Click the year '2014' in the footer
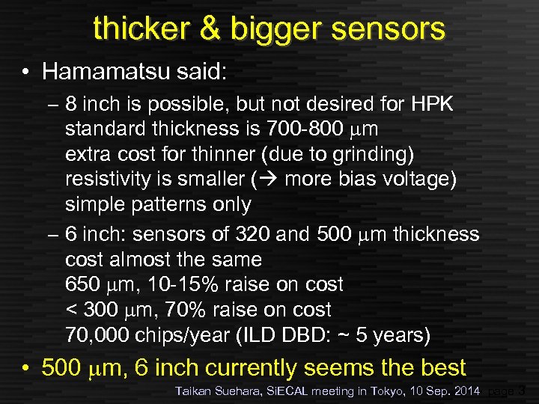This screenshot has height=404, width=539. pos(466,391)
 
